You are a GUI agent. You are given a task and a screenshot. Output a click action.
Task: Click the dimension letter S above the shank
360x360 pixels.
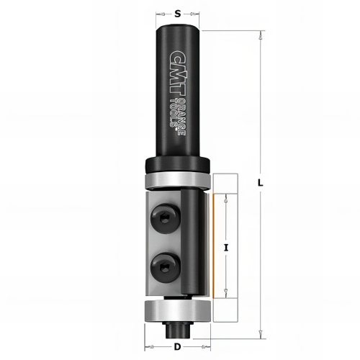point(177,14)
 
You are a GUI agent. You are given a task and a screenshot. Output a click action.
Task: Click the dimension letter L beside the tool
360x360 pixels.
point(261,184)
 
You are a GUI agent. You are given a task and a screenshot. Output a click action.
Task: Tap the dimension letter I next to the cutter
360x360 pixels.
point(225,248)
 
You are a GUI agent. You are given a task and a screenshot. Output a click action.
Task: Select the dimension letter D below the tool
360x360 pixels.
point(177,347)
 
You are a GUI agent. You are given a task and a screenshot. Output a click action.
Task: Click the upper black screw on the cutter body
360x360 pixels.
point(165,218)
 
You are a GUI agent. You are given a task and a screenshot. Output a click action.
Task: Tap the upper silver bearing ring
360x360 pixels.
point(178,180)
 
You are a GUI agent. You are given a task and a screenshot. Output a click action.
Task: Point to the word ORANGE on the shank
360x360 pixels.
point(183,117)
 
